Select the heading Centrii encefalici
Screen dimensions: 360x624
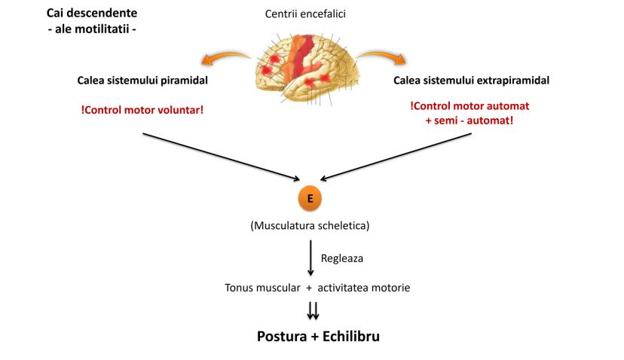pos(311,14)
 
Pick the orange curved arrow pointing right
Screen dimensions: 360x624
pos(382,56)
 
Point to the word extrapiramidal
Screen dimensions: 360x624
pos(513,81)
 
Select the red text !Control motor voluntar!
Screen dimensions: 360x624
pos(142,109)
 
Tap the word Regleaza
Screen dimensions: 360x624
pos(342,258)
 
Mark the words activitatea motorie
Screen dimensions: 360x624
pos(363,288)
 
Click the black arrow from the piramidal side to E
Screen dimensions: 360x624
pos(219,157)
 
